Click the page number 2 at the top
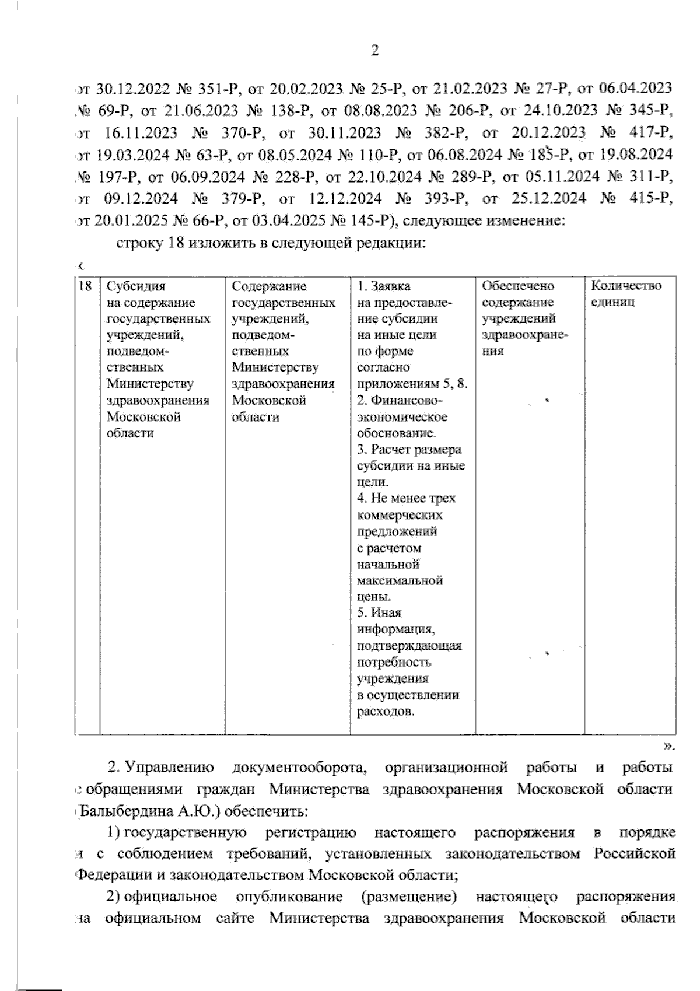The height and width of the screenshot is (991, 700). (x=375, y=51)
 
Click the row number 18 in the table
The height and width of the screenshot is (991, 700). (x=85, y=286)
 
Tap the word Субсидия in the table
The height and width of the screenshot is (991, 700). (x=136, y=286)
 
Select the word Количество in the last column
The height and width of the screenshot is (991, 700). (x=626, y=286)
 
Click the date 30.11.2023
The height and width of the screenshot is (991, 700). (x=345, y=132)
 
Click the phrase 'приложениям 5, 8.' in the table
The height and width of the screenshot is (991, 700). (x=412, y=384)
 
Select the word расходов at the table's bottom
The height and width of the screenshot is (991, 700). (x=385, y=711)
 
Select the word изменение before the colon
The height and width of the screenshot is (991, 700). (x=533, y=221)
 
